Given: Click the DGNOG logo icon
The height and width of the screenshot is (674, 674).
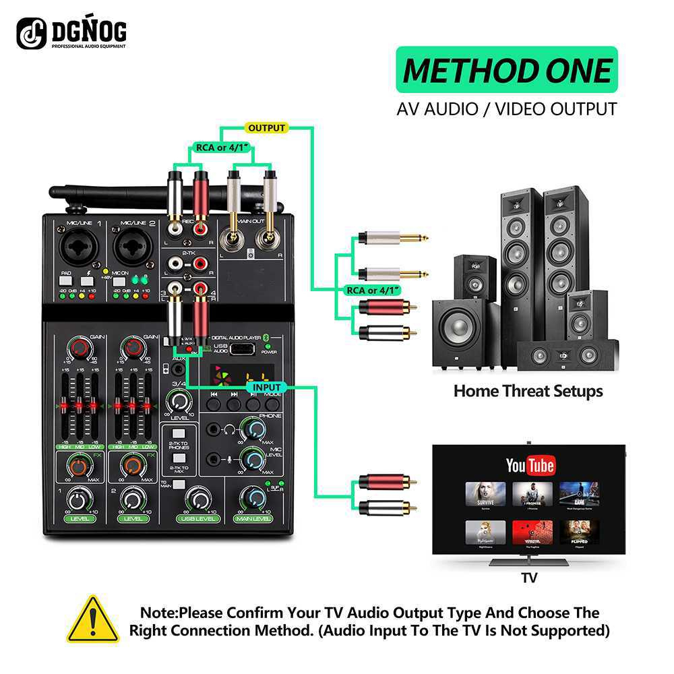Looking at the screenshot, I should [x=31, y=32].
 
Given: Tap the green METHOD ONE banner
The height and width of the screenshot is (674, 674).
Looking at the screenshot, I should [x=506, y=69].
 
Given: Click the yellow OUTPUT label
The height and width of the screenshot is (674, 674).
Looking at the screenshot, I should [x=267, y=127].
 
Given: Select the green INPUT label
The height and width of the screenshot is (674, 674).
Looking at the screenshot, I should [x=268, y=388].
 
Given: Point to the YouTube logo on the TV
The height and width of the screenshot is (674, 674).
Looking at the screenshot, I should [x=530, y=465].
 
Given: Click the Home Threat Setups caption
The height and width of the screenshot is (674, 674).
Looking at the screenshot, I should [x=528, y=391].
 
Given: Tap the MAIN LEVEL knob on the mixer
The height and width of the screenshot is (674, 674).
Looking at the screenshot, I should [x=253, y=498].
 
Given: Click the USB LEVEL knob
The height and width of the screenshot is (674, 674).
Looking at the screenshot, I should [x=197, y=498].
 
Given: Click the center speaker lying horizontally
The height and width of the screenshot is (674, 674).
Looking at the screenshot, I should [x=566, y=355].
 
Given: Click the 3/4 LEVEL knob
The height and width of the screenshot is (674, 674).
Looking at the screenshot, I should [x=178, y=402].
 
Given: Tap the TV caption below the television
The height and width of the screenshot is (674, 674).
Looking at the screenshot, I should [x=529, y=578].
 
